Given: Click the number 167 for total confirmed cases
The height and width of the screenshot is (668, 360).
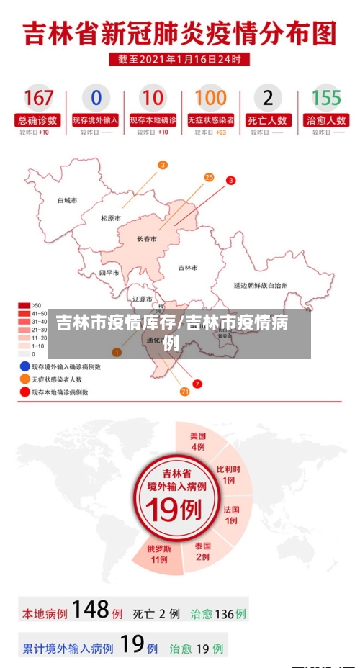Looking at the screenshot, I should pos(38,98).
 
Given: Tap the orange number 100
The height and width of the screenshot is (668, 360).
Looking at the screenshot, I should pos(210,98).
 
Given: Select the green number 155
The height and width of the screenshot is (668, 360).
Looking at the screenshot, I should pos(325,98).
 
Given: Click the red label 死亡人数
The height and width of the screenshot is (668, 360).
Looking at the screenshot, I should pos(268,120).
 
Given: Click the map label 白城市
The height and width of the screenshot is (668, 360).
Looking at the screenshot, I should pos(67,200).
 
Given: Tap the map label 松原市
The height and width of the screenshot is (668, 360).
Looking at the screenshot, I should pos(111,218).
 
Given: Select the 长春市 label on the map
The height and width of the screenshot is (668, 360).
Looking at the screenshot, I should pos(147,239).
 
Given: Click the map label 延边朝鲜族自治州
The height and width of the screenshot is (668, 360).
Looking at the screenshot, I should pos(261,285).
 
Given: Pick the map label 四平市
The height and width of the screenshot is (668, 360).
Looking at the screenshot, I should pos(109,273).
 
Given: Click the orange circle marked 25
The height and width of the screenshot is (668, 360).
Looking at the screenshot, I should pos(209,177).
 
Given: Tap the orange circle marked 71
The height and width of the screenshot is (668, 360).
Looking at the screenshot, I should pos(184,392).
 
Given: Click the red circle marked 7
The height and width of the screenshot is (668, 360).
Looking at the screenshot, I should pos(197,384).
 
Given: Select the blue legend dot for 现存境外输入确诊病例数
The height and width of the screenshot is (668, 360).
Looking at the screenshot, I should pos(24,366).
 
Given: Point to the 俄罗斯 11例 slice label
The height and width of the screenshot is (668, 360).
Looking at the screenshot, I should pos(159,554).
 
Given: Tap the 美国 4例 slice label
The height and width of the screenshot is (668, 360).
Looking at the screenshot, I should pos(198,441).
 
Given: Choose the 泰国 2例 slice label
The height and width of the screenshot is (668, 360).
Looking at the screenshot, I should pos(203,551).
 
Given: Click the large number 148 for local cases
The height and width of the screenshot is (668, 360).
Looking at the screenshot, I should pos(90,610).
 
